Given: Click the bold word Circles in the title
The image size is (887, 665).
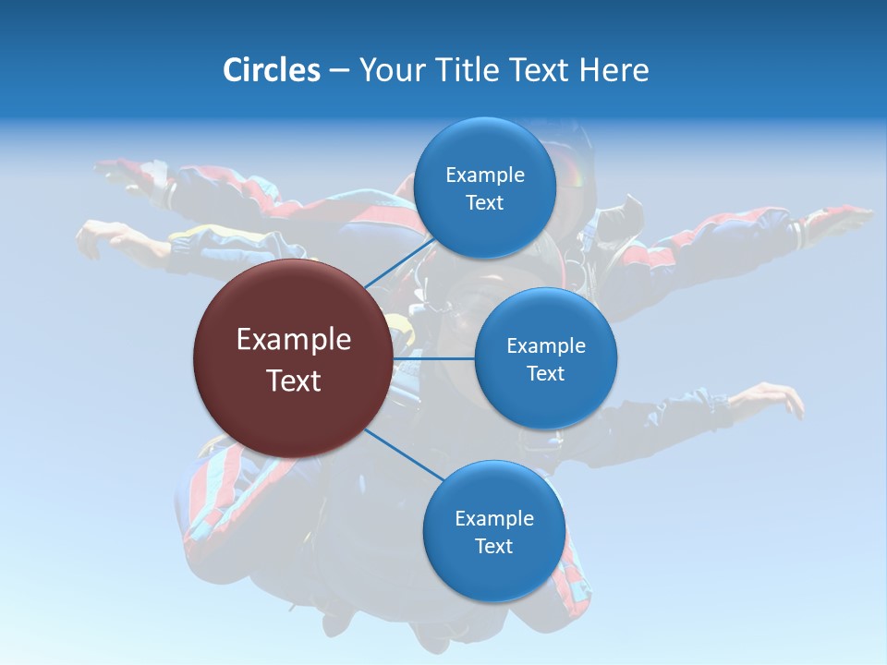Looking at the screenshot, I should (x=271, y=70).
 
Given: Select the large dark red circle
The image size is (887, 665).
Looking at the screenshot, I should (x=293, y=358).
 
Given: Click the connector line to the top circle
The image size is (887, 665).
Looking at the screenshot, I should (x=399, y=262).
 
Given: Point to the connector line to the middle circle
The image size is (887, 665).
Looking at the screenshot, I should (x=434, y=357).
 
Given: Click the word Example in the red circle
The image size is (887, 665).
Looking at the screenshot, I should (x=293, y=340).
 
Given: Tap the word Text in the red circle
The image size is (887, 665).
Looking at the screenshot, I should (x=293, y=381).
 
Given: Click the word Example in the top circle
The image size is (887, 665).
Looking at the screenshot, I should (x=484, y=175).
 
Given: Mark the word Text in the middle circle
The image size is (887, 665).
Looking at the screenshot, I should (x=545, y=373).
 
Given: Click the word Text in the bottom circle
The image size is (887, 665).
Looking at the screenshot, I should (x=493, y=546).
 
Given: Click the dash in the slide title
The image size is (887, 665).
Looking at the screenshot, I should (x=339, y=71).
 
